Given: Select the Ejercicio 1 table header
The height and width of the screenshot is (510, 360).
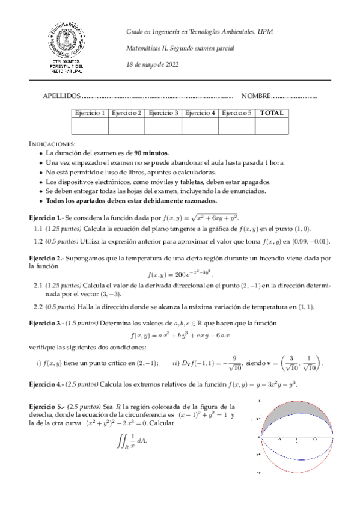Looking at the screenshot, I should [x=90, y=113].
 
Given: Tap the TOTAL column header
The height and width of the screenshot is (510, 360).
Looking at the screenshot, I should [x=272, y=113].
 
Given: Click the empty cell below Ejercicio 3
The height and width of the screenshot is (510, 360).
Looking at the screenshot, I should [x=163, y=126].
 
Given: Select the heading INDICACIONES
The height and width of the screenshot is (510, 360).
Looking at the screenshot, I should [x=52, y=144].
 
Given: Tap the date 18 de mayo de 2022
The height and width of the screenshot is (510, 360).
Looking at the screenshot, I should [x=152, y=64].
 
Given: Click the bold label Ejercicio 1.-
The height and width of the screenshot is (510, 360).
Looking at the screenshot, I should [x=46, y=217].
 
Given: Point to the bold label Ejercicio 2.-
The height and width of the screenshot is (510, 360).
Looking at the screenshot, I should [x=46, y=257].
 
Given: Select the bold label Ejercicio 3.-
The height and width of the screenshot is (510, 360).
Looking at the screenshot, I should [x=46, y=324].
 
